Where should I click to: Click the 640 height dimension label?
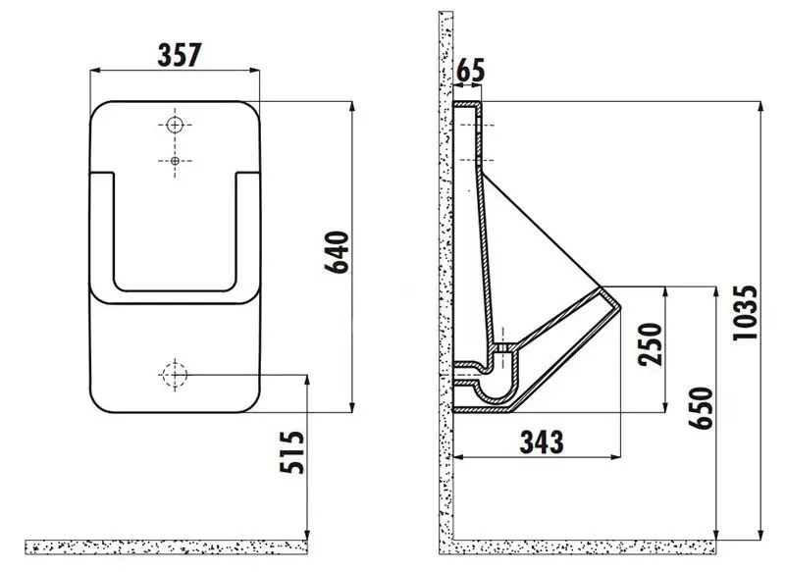[337, 254]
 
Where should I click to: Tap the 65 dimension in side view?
[471, 71]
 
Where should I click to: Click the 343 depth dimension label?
[540, 442]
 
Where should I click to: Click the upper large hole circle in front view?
[175, 125]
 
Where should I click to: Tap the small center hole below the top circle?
[175, 160]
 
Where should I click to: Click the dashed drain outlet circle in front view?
[174, 374]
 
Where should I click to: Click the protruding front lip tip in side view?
[619, 306]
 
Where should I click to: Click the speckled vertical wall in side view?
[445, 294]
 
